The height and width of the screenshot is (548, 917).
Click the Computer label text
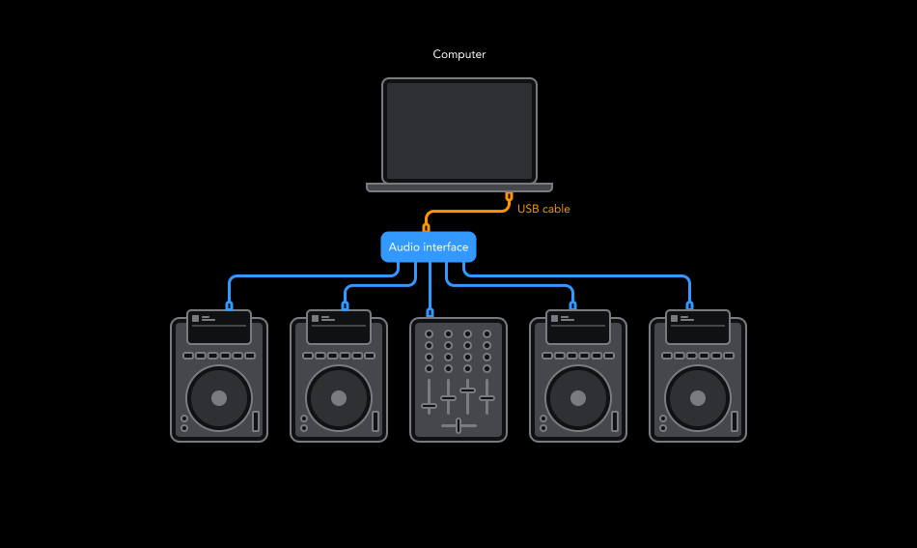tap(458, 55)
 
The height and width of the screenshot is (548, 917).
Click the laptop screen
tap(459, 130)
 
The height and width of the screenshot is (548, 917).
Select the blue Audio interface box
tap(429, 247)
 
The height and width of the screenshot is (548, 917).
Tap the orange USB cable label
tap(543, 209)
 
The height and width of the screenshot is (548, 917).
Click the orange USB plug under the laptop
tap(509, 197)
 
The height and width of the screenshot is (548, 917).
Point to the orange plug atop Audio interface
tap(426, 228)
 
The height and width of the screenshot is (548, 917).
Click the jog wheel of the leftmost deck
tap(219, 398)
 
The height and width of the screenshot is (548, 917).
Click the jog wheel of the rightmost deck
tap(698, 398)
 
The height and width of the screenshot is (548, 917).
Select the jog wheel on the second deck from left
tap(339, 398)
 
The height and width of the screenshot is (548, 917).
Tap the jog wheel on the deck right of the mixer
tap(578, 398)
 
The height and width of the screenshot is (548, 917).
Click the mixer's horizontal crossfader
tap(458, 425)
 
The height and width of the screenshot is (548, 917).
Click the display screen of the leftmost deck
tap(219, 327)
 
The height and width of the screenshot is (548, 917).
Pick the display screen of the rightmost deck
tap(698, 327)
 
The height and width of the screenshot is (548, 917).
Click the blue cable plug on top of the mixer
tap(430, 312)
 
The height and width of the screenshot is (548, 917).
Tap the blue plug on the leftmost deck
tap(229, 305)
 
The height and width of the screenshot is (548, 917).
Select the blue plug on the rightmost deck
tap(688, 305)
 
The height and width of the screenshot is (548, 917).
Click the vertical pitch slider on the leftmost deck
tap(256, 421)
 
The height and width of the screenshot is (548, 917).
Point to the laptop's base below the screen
tap(459, 187)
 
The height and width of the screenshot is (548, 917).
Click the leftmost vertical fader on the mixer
tap(430, 405)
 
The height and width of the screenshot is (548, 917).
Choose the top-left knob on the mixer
tap(430, 334)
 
